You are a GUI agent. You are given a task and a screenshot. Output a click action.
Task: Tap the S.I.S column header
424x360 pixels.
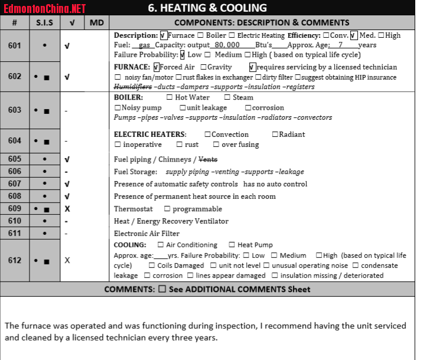pos(45,22)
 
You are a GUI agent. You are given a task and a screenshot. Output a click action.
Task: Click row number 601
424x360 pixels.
pos(15,45)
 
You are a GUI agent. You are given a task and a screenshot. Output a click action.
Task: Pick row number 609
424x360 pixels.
pos(15,209)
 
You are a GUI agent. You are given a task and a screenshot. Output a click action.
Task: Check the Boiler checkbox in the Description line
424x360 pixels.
pos(201,35)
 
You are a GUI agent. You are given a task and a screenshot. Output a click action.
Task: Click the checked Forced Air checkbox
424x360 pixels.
pos(156,67)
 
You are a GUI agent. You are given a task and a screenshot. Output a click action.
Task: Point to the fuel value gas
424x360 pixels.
pos(145,45)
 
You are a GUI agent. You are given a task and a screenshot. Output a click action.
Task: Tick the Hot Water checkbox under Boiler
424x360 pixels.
pos(169,97)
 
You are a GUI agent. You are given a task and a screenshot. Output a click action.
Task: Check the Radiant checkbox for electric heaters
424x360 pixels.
pos(275,135)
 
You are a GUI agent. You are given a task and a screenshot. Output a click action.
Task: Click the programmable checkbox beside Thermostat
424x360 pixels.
pos(168,209)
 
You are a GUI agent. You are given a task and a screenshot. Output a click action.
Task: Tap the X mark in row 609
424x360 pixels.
pos(67,209)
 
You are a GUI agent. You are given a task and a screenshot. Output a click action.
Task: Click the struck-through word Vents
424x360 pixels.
pos(208,159)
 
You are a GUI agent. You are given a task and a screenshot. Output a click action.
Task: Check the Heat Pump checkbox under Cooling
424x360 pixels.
pos(232,245)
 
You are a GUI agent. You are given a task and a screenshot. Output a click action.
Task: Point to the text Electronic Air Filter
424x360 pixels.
pos(146,234)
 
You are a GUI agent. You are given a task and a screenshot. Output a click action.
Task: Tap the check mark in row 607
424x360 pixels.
pos(67,184)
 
